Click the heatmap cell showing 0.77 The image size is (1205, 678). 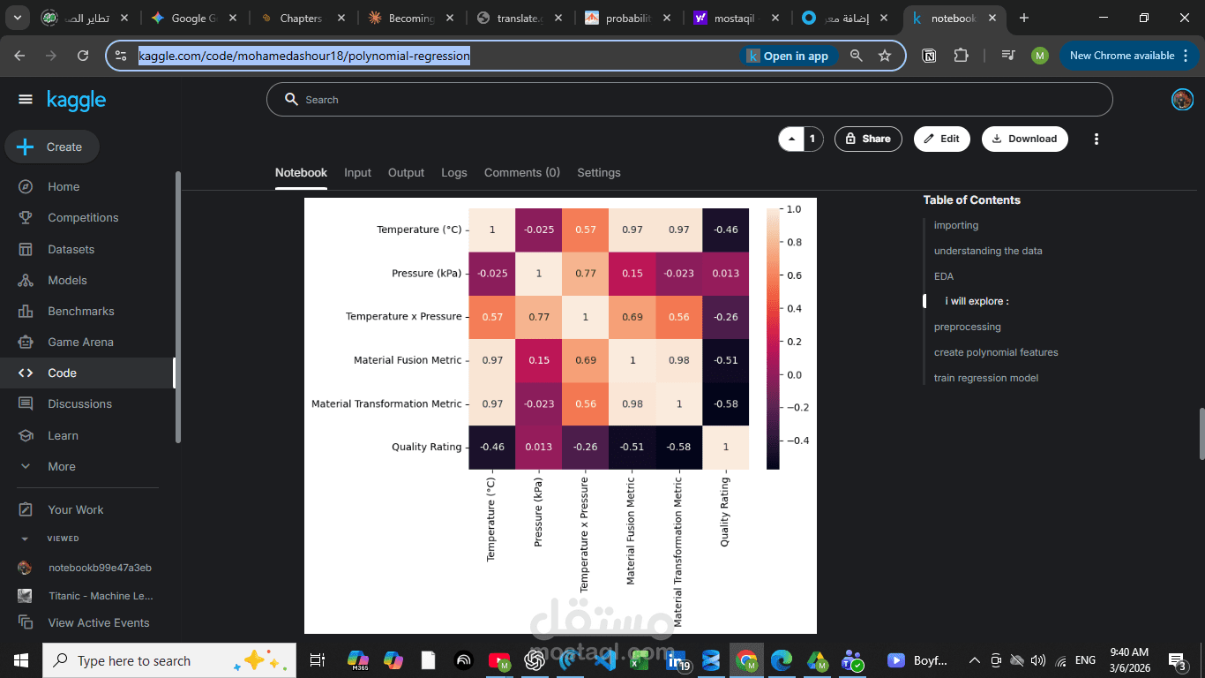(586, 273)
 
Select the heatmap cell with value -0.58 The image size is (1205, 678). (726, 403)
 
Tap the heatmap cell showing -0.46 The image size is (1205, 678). (726, 230)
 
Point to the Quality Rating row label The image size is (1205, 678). (426, 447)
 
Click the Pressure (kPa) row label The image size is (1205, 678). (426, 273)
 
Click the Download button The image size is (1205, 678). (1024, 139)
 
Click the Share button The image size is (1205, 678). (868, 139)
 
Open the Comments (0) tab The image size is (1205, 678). (521, 173)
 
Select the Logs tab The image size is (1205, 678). (454, 173)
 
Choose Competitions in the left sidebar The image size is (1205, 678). (83, 218)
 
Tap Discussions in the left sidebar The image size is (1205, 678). (79, 404)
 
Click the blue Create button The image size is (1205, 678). (52, 147)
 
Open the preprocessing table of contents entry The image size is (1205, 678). (967, 327)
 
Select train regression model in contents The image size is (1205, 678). (985, 378)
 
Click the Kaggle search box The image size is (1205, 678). (688, 100)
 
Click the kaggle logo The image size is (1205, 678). (77, 101)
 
